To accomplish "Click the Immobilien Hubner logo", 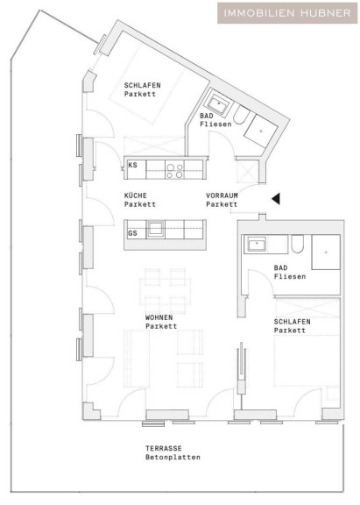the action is click(287, 13).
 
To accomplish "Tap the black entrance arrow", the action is click(276, 199).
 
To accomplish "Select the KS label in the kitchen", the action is click(132, 165).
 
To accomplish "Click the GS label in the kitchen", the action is click(132, 233).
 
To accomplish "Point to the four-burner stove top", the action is click(174, 170).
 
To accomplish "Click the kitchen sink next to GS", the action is click(156, 230).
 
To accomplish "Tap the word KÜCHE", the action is click(136, 196).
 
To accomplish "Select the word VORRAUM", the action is click(222, 196).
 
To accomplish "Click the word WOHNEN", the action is click(159, 317).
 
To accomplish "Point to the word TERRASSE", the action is click(164, 448).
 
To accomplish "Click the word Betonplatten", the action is click(173, 457).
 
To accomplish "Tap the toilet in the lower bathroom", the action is click(297, 244).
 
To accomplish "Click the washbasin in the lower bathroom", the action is click(257, 244).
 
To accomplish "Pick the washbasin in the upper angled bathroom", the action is click(218, 103).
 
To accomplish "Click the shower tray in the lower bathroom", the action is click(326, 252).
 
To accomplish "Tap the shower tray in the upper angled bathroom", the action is click(261, 132).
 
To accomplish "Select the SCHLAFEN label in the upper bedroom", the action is click(142, 85).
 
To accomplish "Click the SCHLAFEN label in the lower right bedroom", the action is click(293, 322).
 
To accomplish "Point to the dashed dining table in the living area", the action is click(165, 291).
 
